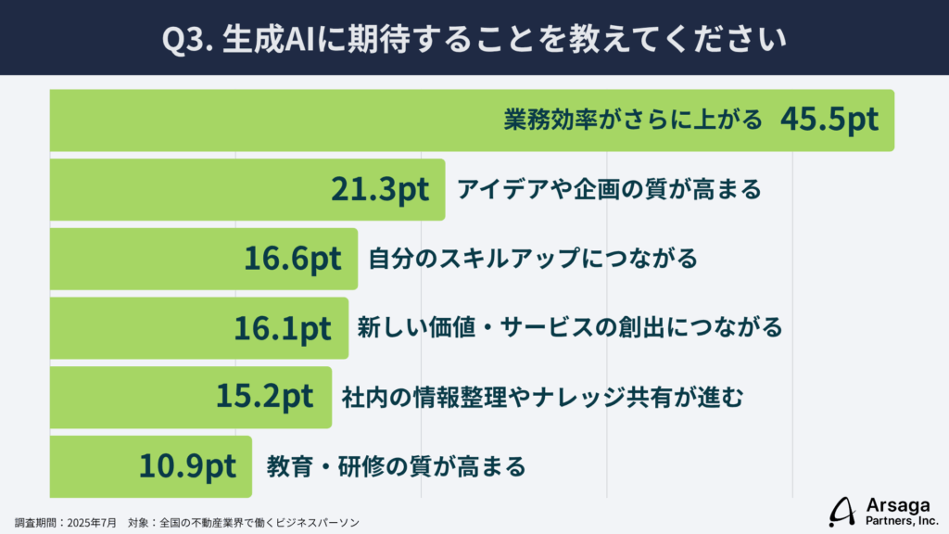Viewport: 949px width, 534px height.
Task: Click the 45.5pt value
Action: tap(829, 121)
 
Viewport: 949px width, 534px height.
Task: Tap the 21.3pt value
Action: tap(380, 189)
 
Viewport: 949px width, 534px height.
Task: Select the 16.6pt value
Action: tap(293, 259)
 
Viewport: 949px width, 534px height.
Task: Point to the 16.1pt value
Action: tap(283, 327)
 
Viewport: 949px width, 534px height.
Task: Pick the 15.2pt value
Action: tap(265, 396)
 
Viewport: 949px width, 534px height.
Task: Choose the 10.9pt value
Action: tap(188, 464)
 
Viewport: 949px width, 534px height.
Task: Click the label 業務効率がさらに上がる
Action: tap(633, 121)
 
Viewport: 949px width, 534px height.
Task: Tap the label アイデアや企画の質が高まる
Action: tap(609, 189)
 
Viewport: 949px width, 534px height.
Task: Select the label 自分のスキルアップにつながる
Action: tap(533, 259)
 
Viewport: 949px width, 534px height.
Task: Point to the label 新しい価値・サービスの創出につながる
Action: tap(570, 327)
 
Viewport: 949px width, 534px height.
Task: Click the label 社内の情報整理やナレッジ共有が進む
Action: tap(542, 397)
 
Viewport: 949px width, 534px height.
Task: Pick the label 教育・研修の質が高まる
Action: tap(396, 465)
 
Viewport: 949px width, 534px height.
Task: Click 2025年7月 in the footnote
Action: tap(92, 522)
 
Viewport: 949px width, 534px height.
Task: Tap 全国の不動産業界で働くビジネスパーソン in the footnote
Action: tap(259, 522)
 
